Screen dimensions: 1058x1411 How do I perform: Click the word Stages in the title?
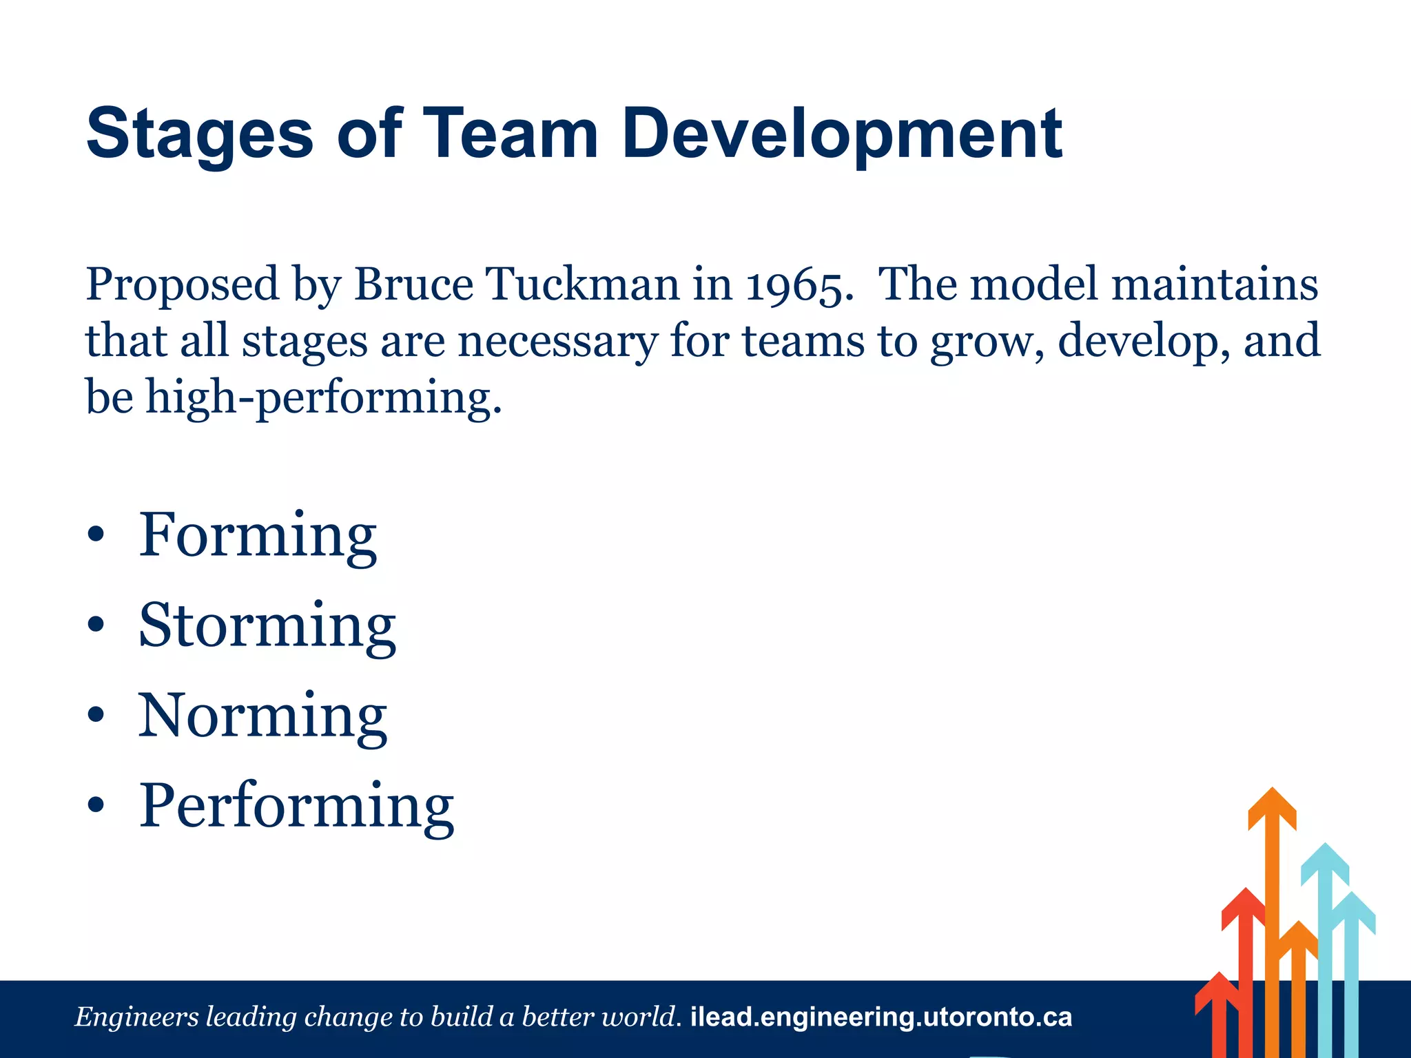200,134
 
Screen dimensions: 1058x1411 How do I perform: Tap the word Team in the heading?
511,134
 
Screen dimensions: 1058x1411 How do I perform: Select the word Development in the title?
842,134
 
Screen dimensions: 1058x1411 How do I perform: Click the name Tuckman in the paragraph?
582,284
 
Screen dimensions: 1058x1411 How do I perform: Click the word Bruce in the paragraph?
413,284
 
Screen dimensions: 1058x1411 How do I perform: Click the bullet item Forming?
258,536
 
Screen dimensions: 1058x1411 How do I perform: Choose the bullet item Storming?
267,626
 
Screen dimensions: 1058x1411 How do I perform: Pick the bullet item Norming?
262,716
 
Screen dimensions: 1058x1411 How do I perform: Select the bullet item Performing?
297,807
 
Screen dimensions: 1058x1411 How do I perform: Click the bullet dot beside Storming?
96,625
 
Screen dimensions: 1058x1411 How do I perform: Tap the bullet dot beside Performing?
96,805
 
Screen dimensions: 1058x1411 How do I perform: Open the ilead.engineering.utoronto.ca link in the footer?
881,1017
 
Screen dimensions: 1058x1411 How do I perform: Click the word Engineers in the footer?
136,1017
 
